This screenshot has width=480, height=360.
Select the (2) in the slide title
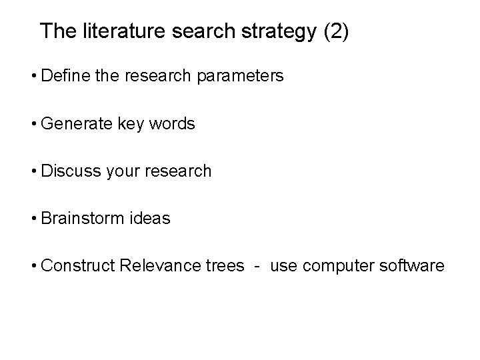(335, 32)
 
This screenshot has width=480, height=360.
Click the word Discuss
(69, 171)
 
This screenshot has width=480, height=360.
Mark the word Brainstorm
(80, 218)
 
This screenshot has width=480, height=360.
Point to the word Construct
(75, 265)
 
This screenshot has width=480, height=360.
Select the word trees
(223, 265)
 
